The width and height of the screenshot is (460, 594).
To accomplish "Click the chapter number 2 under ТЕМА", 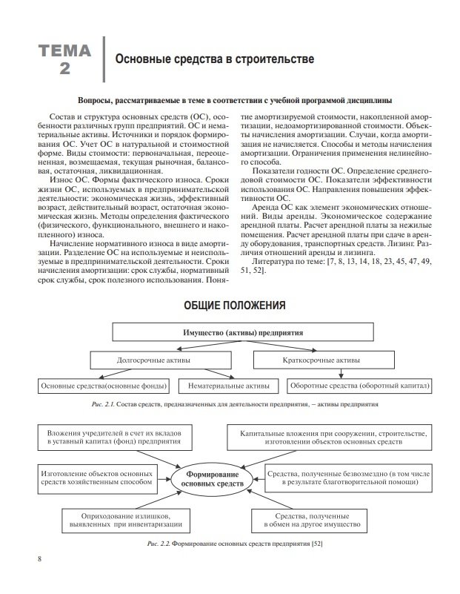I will (x=65, y=69).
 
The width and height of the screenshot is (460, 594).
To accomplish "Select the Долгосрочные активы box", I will (x=153, y=360).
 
